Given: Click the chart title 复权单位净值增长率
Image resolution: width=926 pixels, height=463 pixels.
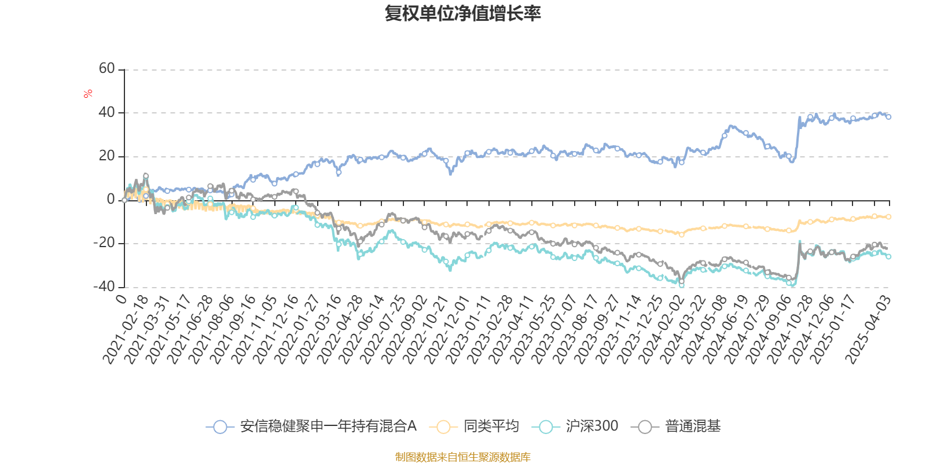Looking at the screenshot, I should tap(462, 13).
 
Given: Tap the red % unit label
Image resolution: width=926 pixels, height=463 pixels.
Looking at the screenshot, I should tap(88, 94).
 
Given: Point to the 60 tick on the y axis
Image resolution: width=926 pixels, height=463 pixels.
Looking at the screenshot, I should tap(107, 69).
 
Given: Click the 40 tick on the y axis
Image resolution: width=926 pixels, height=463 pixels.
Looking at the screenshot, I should tap(107, 112).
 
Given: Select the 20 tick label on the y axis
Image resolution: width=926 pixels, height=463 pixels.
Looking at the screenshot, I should tap(107, 156).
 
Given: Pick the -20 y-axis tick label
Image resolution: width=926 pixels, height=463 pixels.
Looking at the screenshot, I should tap(105, 243).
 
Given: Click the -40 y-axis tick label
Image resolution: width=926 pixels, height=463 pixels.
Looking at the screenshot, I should tap(105, 286).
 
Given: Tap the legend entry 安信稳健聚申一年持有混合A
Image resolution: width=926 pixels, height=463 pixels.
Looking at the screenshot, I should tap(328, 427).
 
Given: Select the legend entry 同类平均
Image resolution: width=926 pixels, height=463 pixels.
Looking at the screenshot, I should tap(491, 427).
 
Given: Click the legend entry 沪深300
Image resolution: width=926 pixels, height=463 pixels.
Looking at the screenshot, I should tap(591, 427).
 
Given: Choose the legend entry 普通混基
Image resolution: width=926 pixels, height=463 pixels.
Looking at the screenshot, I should tap(692, 427).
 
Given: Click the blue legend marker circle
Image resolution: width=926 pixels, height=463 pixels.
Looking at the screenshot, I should tap(220, 427).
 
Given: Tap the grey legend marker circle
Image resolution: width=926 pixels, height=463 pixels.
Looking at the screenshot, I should tap(645, 427).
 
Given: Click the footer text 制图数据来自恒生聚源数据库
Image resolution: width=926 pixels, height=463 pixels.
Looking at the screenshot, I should tap(462, 457).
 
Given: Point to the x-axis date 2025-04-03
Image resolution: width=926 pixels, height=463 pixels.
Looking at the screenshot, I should tap(868, 329).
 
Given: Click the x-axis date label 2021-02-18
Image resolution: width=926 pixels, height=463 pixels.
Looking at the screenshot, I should tap(126, 329).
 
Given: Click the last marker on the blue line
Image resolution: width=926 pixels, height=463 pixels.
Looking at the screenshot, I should tap(888, 117).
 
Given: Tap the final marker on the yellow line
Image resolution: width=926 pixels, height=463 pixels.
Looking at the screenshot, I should tap(888, 217).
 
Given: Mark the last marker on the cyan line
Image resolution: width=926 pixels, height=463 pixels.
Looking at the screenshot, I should tap(888, 256).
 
